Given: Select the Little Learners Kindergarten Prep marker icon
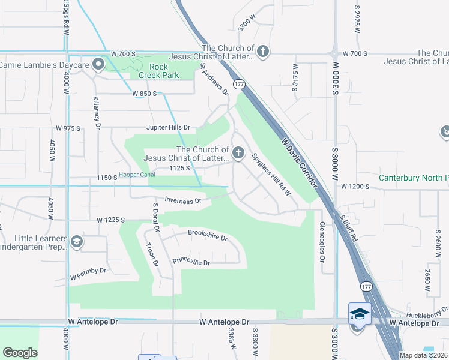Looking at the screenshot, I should [76, 242].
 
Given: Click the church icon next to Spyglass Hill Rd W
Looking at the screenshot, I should [238, 154].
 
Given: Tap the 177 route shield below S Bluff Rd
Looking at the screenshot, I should [367, 287].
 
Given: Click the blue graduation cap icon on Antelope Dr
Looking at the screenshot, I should [360, 314].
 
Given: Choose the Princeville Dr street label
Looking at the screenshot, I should [191, 262].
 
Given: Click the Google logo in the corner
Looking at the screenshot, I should [20, 352].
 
